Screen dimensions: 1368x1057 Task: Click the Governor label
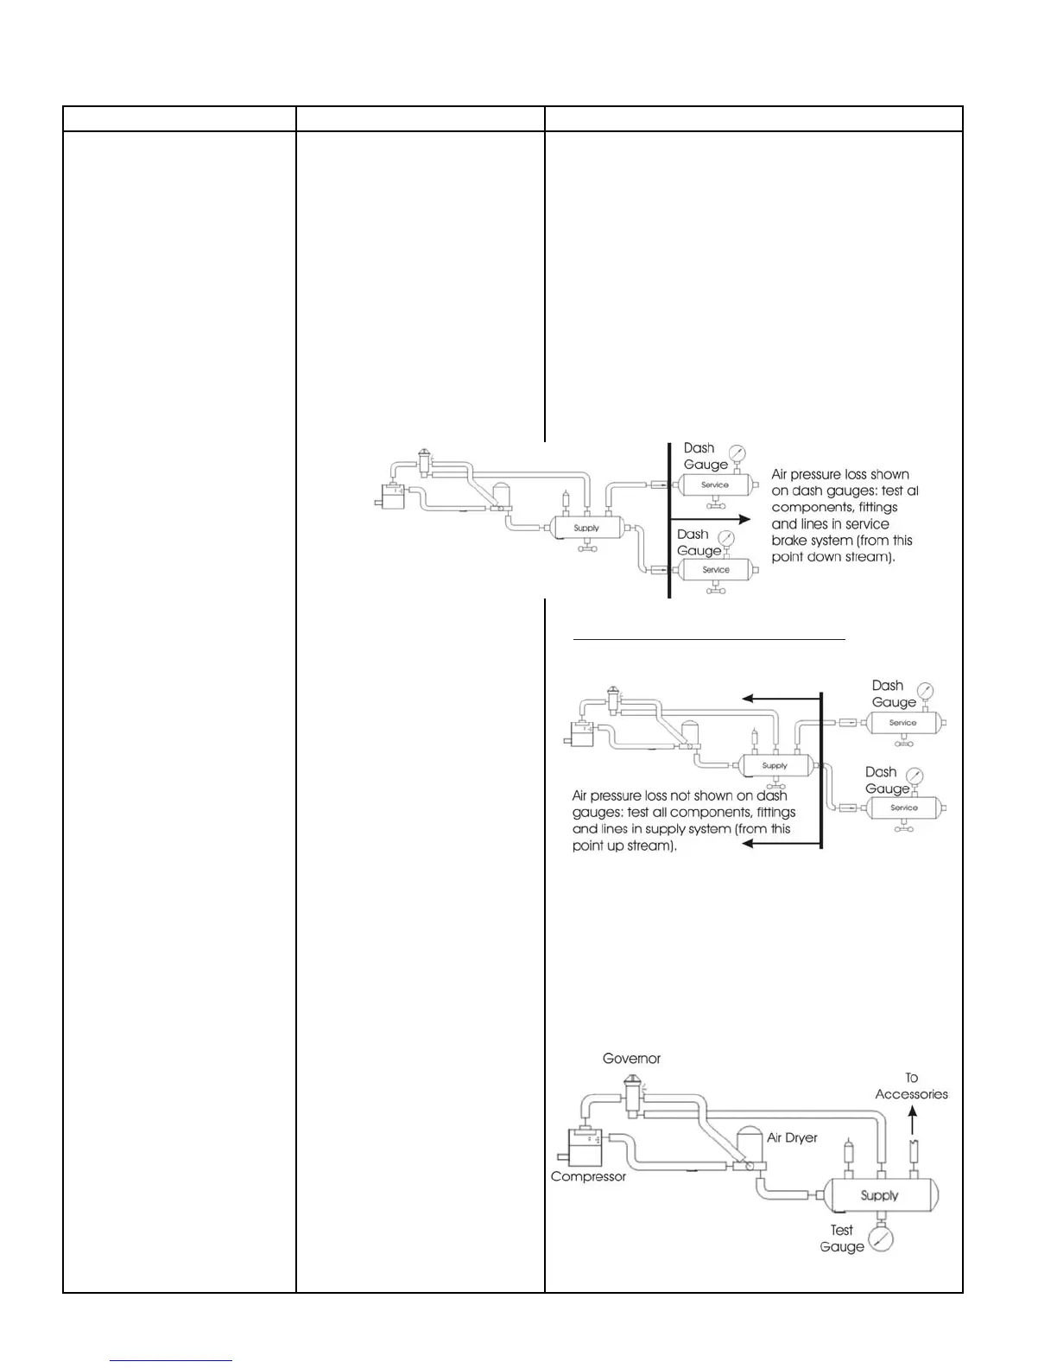[631, 1058]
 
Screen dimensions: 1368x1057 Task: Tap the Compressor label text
[588, 1176]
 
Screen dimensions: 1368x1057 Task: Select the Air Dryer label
[792, 1137]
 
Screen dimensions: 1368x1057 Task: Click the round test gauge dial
[880, 1239]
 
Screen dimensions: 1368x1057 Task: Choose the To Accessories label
[911, 1086]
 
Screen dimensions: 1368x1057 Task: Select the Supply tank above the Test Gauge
[879, 1195]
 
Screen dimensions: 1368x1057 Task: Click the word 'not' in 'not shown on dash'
[681, 795]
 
